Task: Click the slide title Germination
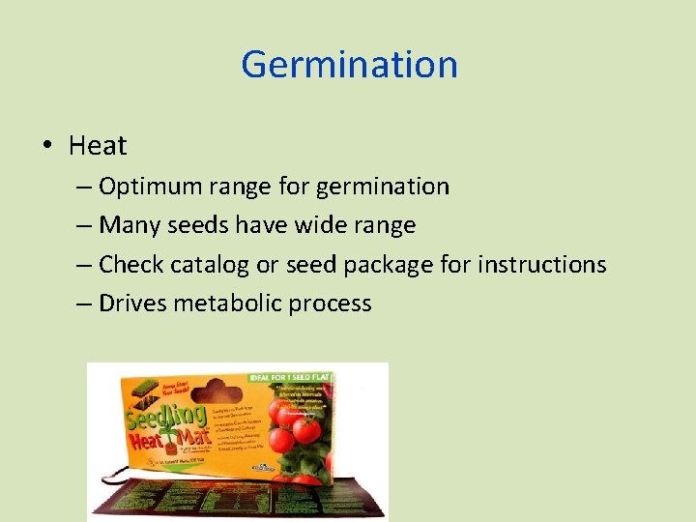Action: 349,65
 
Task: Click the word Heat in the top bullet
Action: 98,146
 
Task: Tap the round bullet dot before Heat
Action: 47,146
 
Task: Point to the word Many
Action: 131,225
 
